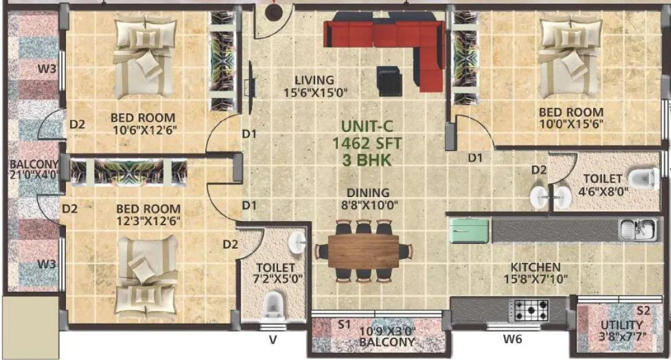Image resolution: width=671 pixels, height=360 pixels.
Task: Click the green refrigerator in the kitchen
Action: coord(470,231)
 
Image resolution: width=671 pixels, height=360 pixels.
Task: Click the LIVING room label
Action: coord(314,80)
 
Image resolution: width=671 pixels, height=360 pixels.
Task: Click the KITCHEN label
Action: coord(535,267)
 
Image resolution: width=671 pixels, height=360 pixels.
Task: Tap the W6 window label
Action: coord(513,339)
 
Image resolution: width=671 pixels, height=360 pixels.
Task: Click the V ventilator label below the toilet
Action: coord(273,340)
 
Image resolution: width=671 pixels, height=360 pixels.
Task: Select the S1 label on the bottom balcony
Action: coord(343,325)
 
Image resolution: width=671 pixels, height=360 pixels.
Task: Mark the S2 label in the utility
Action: coord(643,311)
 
